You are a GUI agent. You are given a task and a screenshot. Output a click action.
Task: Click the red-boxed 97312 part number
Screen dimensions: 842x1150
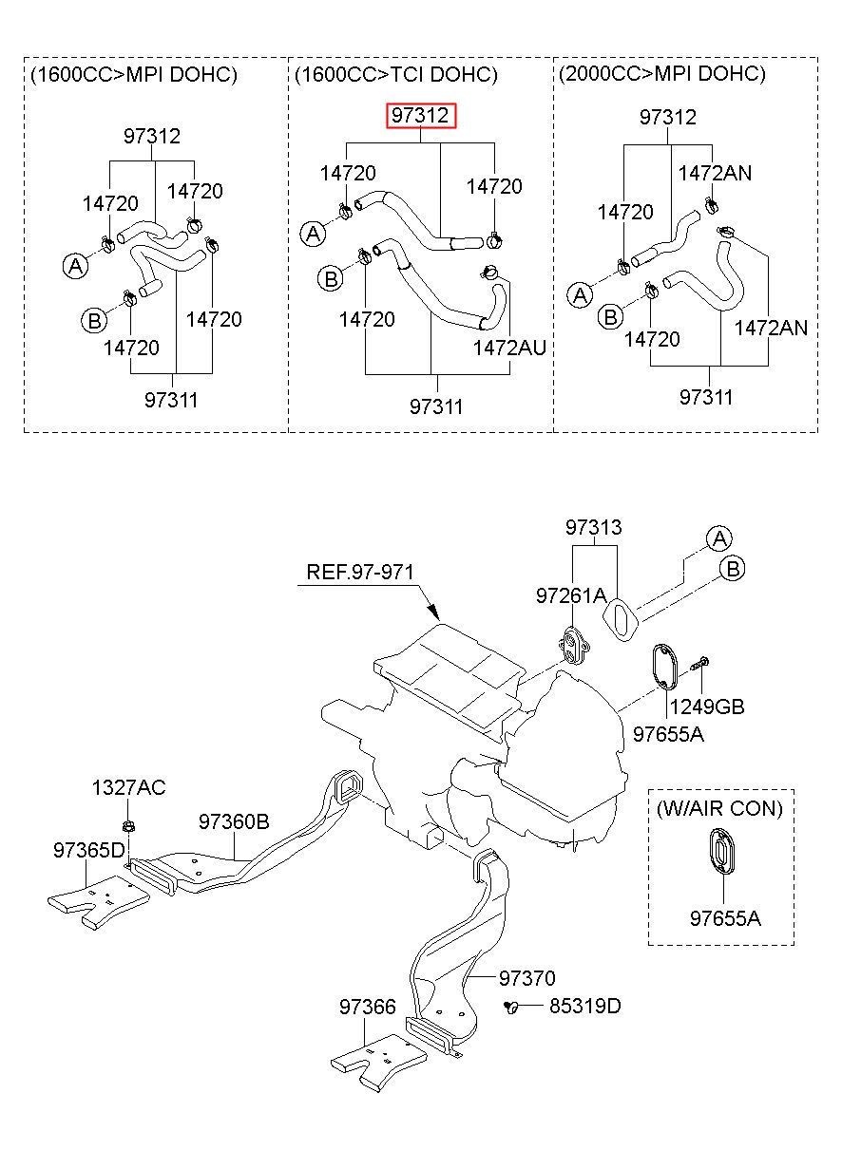coord(420,116)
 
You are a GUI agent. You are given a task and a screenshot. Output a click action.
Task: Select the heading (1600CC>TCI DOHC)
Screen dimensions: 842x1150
coord(396,75)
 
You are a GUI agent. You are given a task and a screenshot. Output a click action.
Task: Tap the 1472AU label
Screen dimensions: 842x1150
coord(509,349)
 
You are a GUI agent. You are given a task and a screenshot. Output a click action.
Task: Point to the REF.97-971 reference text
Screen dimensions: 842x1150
coord(360,572)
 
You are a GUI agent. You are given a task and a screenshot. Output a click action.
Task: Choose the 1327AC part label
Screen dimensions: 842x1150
coord(129,787)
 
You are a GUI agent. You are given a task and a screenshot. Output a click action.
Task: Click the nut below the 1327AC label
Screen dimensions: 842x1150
coord(128,826)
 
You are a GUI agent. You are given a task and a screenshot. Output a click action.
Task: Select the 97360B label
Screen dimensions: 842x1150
coord(234,822)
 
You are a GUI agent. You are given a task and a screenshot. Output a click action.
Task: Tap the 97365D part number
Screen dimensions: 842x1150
coord(89,851)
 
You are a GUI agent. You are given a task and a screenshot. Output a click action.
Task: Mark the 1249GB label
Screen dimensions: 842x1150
coord(706,707)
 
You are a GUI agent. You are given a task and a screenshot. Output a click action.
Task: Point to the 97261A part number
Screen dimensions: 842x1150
coord(571,595)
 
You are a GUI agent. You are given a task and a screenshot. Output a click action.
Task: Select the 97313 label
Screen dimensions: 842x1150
coord(593,527)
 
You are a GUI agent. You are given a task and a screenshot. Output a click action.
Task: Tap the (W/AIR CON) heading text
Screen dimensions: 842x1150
coord(719,808)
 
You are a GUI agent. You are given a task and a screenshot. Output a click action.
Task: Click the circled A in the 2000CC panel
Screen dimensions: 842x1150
coord(580,295)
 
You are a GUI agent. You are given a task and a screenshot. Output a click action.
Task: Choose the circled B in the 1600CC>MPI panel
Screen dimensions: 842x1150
coord(94,321)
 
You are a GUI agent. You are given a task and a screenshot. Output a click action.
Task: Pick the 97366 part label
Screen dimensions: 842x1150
coord(368,1007)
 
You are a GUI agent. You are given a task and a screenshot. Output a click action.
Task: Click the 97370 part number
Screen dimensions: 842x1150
coord(527,978)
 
